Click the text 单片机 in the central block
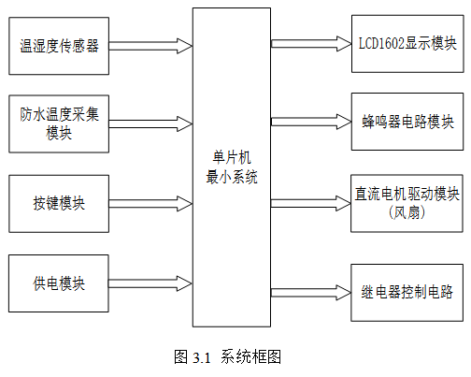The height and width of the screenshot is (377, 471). tap(232, 157)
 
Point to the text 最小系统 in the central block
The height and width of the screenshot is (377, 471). tap(232, 177)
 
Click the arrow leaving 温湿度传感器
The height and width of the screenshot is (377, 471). tap(150, 46)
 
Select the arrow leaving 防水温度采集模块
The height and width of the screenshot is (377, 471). tap(150, 123)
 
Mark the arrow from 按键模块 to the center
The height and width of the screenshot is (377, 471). tap(150, 204)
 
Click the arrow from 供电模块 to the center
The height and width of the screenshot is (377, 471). tap(150, 283)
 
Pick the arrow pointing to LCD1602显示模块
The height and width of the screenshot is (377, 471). tap(311, 44)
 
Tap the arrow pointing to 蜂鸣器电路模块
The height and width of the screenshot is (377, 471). tap(311, 122)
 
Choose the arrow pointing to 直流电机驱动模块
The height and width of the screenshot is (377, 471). tap(311, 203)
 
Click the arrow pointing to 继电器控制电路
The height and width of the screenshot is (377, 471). tap(311, 293)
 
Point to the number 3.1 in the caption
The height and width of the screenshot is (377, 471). tap(202, 357)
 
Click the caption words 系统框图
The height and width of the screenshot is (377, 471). tap(251, 356)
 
